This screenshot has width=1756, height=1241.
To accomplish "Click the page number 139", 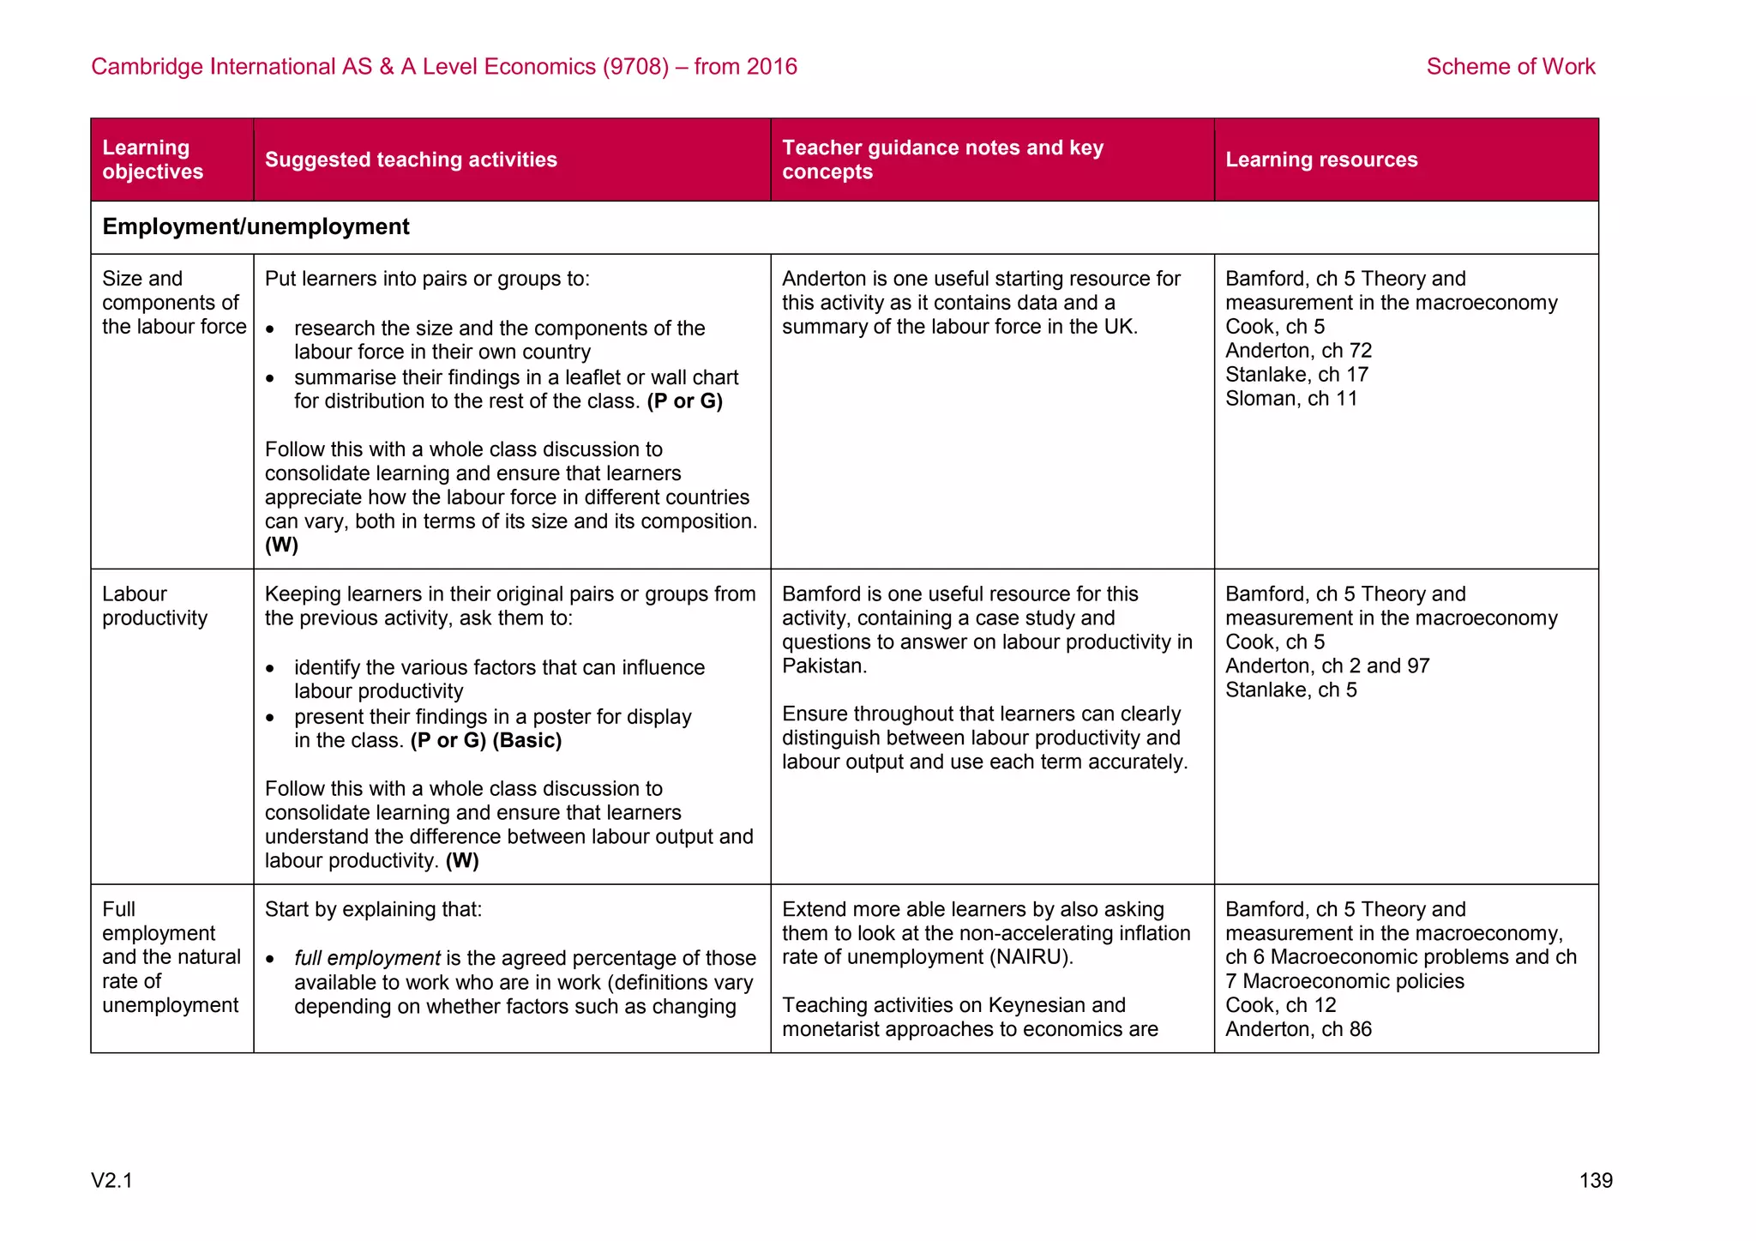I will click(x=1595, y=1180).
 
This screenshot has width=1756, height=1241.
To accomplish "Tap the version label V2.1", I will click(x=112, y=1181).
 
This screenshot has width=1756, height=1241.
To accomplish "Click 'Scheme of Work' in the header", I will click(x=1510, y=67).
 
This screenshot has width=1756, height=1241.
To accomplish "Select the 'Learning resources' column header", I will click(x=1320, y=160).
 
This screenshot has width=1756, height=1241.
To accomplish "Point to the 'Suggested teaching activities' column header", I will click(x=411, y=160).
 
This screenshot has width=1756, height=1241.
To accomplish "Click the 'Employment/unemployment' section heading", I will click(x=256, y=226).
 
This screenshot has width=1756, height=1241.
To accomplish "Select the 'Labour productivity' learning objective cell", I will click(x=155, y=606).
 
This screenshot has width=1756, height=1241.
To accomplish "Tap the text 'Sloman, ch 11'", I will click(x=1290, y=399).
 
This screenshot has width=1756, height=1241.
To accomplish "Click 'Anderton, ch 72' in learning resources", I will click(x=1298, y=351).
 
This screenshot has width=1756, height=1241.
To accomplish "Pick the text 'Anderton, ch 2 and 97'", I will click(x=1326, y=666).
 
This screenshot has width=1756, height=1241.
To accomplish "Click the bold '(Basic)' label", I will click(x=526, y=741).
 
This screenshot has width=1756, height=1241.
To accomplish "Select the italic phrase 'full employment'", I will click(x=367, y=958).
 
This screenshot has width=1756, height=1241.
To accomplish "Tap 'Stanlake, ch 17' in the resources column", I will click(x=1296, y=375).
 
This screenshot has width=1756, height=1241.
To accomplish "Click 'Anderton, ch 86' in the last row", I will click(x=1298, y=1029).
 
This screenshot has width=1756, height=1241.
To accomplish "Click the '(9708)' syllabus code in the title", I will click(x=635, y=67).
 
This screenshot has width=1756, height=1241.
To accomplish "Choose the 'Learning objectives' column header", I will click(x=153, y=160).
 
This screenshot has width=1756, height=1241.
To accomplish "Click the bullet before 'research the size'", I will click(x=270, y=329).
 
